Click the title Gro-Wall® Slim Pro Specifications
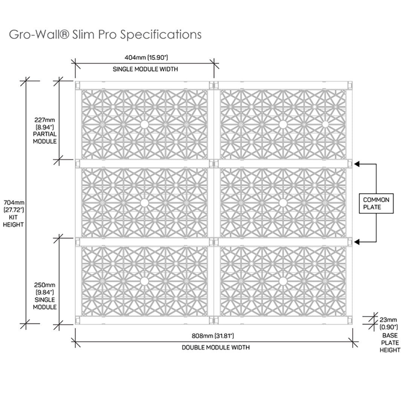(x=105, y=35)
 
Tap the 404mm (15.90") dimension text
(x=146, y=57)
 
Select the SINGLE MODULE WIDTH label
(x=145, y=69)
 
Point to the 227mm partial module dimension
(x=44, y=124)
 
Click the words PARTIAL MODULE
(x=44, y=138)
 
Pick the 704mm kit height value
(x=14, y=206)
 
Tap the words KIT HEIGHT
(x=13, y=221)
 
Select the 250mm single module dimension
(x=44, y=289)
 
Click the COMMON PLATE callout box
(x=376, y=203)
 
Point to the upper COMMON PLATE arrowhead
(x=357, y=164)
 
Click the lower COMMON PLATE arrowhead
(x=357, y=242)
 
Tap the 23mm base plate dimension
(x=388, y=323)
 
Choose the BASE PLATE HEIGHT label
(x=390, y=343)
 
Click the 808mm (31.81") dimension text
(x=213, y=336)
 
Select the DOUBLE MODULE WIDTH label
(x=216, y=347)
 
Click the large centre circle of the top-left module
(x=144, y=125)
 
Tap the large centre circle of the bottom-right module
(x=283, y=281)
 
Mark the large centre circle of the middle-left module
(x=144, y=203)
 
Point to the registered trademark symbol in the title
(x=64, y=34)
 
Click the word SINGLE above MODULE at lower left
(x=44, y=300)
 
